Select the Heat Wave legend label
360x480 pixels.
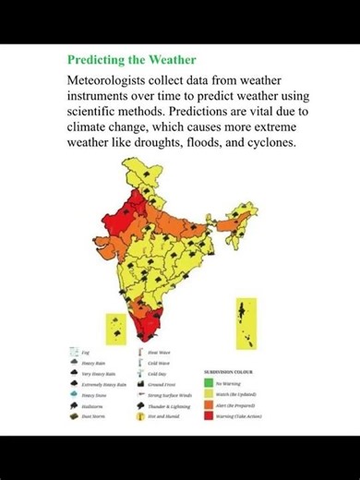tap(160, 352)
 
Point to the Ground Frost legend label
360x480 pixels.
tap(162, 384)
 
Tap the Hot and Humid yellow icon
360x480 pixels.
tap(141, 416)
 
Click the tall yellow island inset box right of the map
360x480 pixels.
tap(246, 322)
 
